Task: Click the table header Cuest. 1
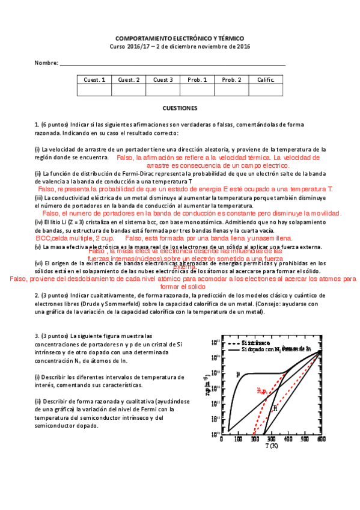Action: click(94, 79)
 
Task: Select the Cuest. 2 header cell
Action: click(129, 79)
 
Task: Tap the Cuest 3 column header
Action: click(163, 79)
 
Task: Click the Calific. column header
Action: click(266, 79)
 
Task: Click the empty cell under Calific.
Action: click(266, 90)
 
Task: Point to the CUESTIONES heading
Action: click(180, 108)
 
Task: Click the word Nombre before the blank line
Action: click(46, 63)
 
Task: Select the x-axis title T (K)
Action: click(272, 446)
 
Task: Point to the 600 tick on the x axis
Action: click(322, 440)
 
